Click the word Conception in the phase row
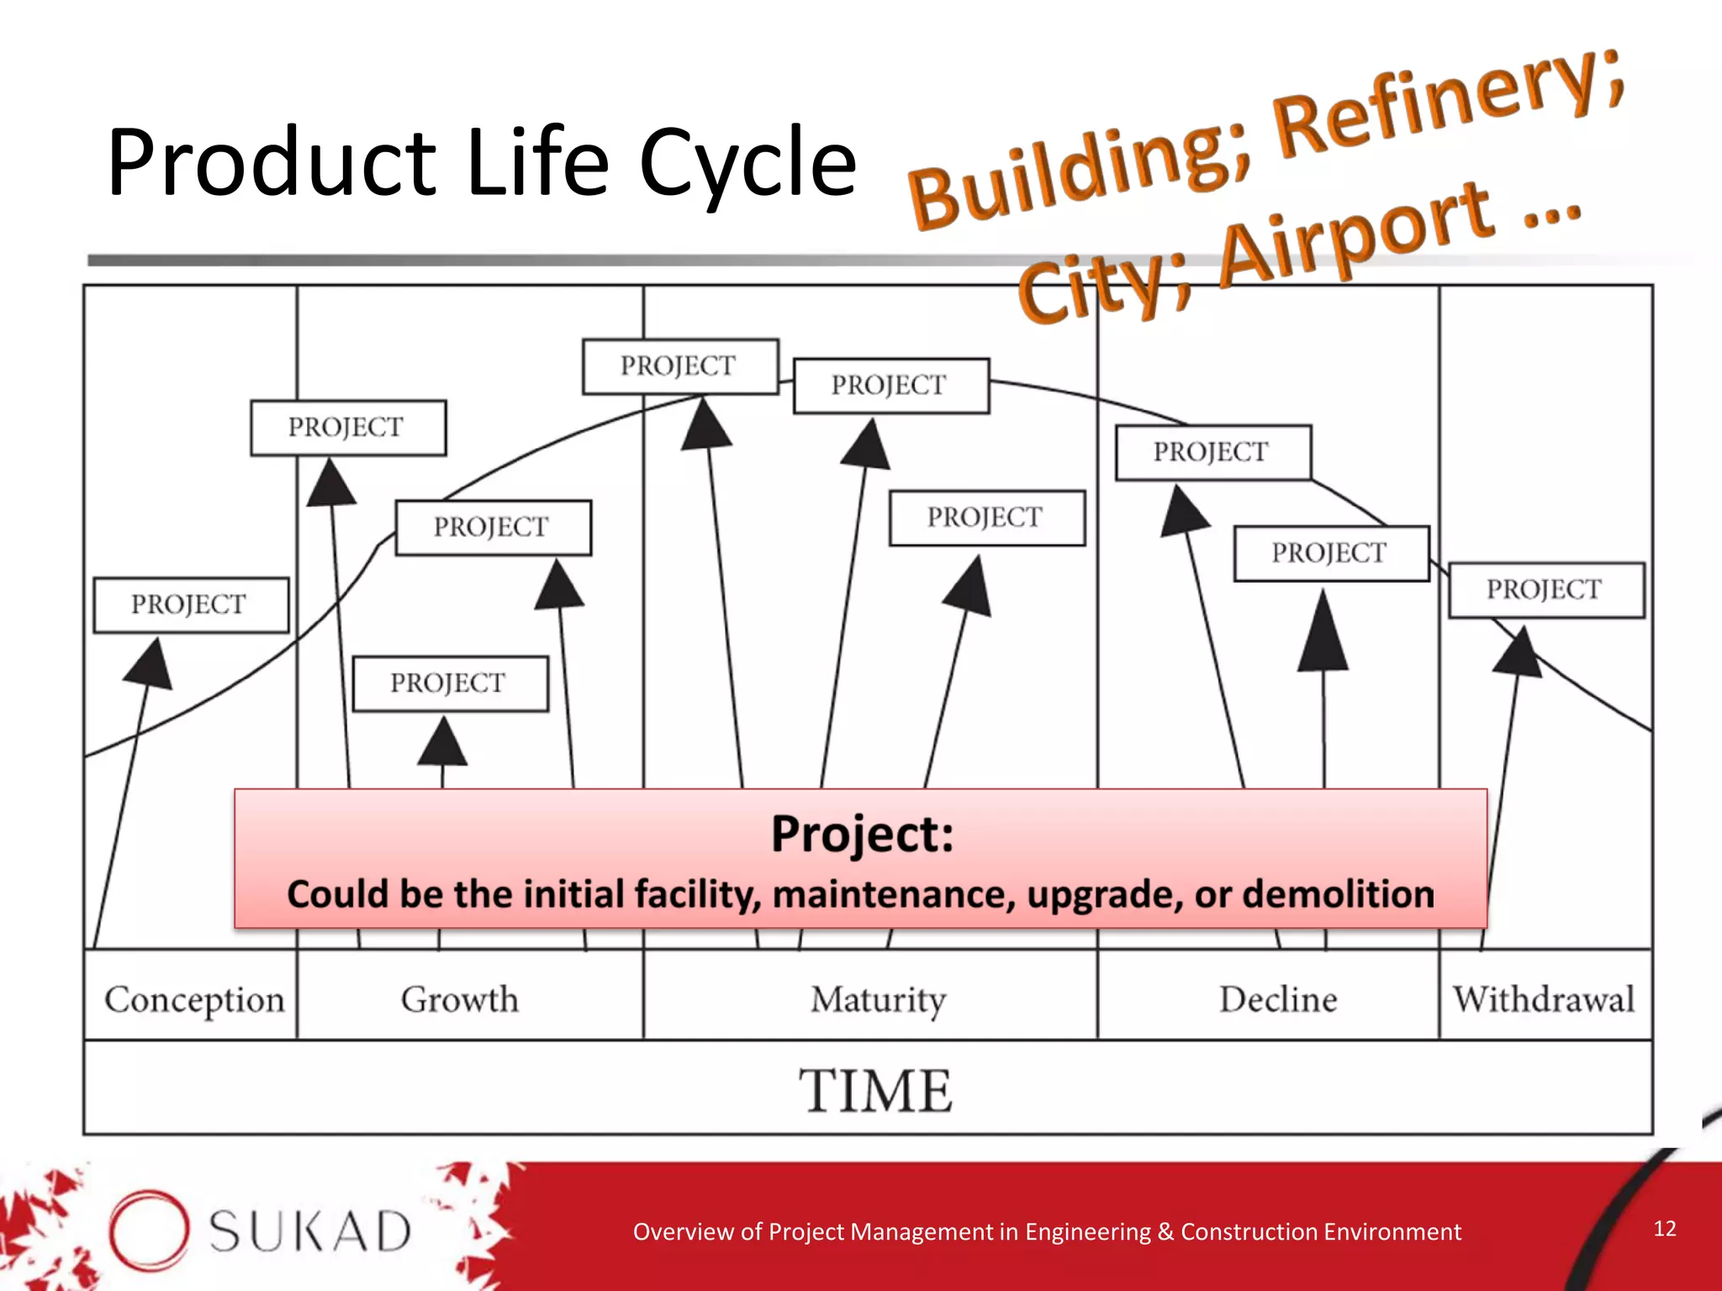(194, 1000)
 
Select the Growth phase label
(459, 999)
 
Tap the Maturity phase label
(878, 1000)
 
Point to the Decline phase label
(1277, 999)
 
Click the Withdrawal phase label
(1544, 999)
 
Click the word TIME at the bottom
(875, 1091)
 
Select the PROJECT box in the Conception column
(190, 604)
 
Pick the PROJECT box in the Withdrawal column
(1545, 589)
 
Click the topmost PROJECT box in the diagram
(679, 366)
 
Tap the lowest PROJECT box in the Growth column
(449, 682)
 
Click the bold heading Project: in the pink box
(862, 834)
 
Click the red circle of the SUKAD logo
(148, 1229)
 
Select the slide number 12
(1664, 1228)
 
